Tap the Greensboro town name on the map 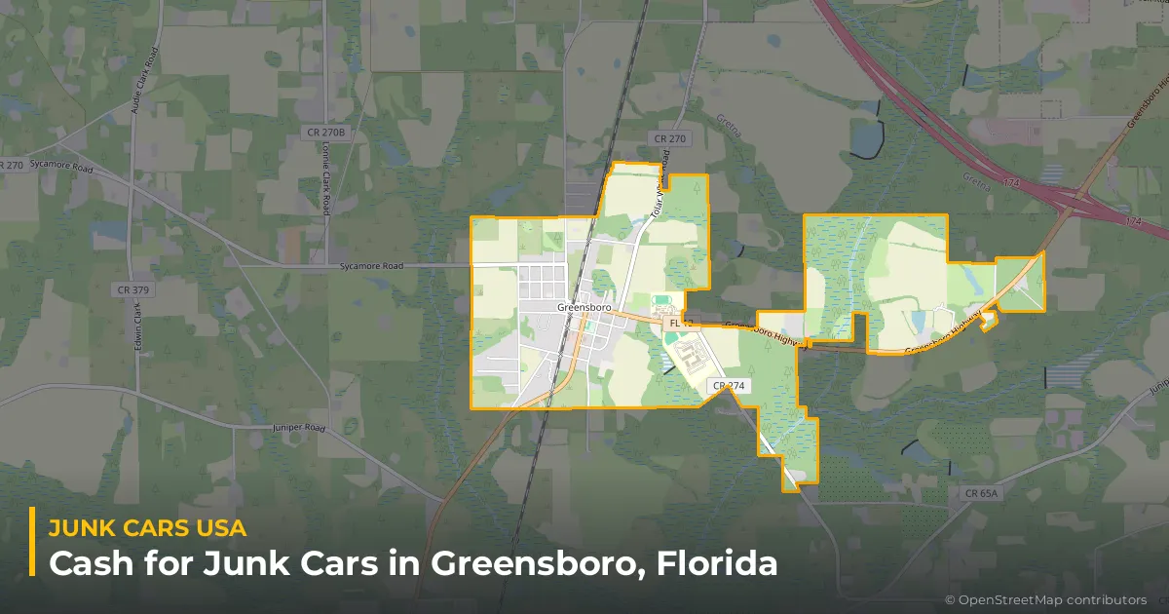coord(583,307)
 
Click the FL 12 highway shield coord(676,323)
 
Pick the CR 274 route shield coord(729,386)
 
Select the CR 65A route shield coord(982,494)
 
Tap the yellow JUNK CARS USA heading coord(147,528)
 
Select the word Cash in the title coord(83,563)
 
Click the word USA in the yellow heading coord(218,528)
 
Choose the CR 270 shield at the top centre coord(670,139)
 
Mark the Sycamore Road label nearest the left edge coord(60,168)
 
